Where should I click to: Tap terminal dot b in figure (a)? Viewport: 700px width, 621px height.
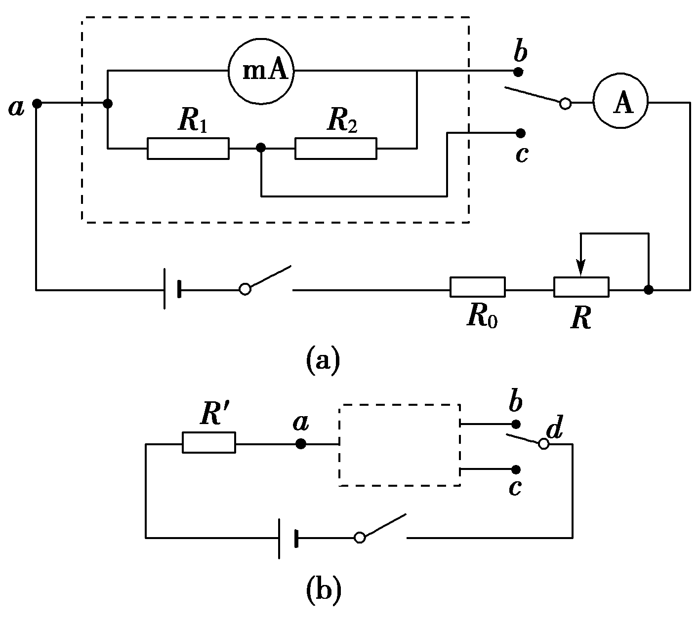[x=518, y=72]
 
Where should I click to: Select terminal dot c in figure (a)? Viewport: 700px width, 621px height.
[x=520, y=133]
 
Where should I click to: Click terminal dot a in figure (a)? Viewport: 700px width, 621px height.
[x=37, y=103]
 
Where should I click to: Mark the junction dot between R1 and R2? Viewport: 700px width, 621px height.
[x=261, y=148]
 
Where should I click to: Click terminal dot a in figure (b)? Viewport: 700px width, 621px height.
[x=300, y=444]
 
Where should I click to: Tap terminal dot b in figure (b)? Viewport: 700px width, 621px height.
[x=516, y=424]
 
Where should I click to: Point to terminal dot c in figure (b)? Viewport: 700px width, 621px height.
[x=516, y=469]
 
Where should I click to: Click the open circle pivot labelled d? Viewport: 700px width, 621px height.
[x=544, y=444]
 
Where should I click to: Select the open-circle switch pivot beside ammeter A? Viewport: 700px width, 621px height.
[x=565, y=104]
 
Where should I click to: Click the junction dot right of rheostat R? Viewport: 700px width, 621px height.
[x=649, y=290]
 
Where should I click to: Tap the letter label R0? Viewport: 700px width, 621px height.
[x=482, y=317]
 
